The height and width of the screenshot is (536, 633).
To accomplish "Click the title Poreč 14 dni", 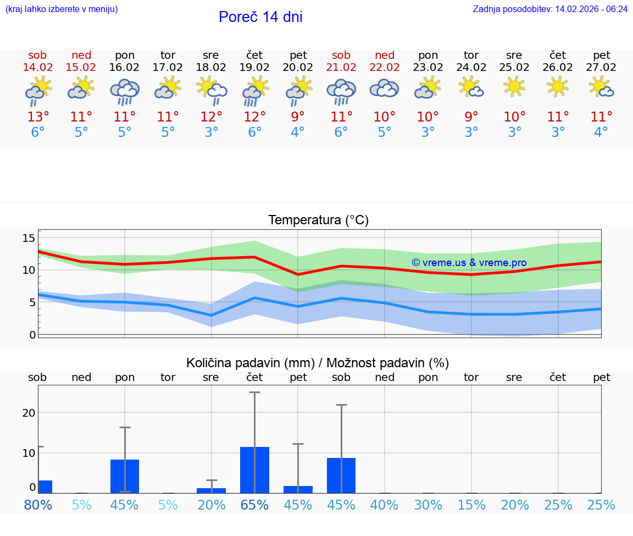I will [260, 17].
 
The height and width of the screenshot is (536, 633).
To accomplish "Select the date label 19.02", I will [254, 68].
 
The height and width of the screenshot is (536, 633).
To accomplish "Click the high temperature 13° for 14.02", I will [38, 117].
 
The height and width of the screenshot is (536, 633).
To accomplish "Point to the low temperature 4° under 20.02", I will [298, 132].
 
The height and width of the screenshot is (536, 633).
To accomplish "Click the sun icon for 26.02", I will [558, 86].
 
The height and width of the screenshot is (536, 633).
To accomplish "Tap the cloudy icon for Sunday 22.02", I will [385, 89].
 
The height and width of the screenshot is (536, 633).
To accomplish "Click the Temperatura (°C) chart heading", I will [318, 220].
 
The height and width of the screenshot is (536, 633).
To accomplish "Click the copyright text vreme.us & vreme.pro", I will [469, 263].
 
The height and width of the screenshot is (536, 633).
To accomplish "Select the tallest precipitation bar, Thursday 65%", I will [254, 469].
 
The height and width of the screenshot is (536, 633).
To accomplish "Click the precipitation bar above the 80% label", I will [45, 487].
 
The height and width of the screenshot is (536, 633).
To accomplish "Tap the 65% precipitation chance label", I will [254, 505].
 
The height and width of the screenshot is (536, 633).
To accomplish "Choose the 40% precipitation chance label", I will [385, 505].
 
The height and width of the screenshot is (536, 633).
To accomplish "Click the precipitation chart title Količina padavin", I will [318, 363].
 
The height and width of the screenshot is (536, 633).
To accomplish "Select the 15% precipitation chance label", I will [471, 505].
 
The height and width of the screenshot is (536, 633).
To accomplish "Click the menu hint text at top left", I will [62, 9].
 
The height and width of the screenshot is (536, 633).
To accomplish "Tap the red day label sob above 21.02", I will [341, 56].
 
